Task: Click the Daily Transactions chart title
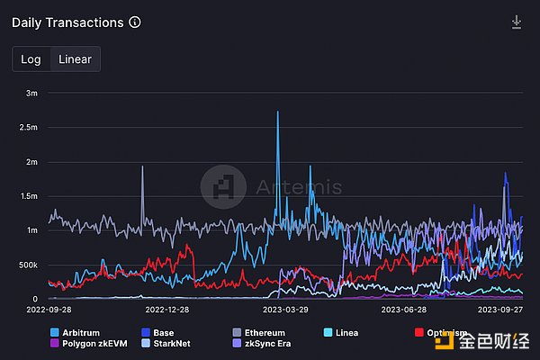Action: [x=68, y=22]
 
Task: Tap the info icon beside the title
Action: [x=135, y=22]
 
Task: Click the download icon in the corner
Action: [x=517, y=22]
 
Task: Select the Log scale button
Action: [x=31, y=59]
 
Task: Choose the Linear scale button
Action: [x=75, y=59]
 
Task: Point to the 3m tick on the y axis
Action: [x=31, y=93]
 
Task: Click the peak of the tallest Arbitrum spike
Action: [x=277, y=112]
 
